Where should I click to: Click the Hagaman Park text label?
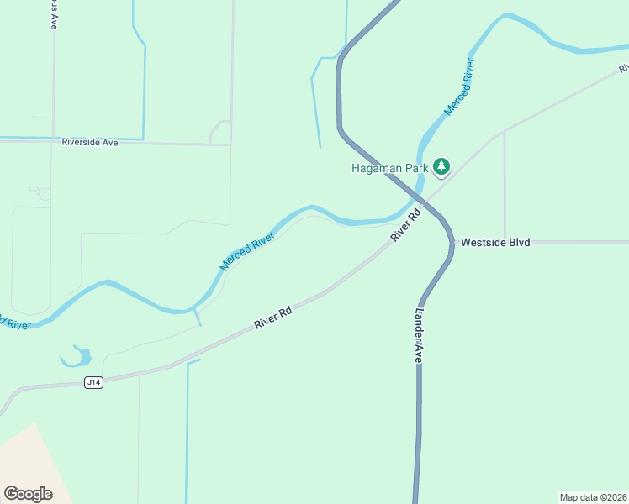click(389, 167)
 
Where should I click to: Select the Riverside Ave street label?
click(90, 143)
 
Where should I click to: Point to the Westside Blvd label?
click(495, 242)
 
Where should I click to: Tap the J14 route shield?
click(93, 382)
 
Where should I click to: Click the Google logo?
click(29, 494)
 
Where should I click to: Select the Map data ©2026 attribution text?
click(594, 497)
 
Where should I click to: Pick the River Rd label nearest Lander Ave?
click(404, 227)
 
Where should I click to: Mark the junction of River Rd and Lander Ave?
click(427, 202)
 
